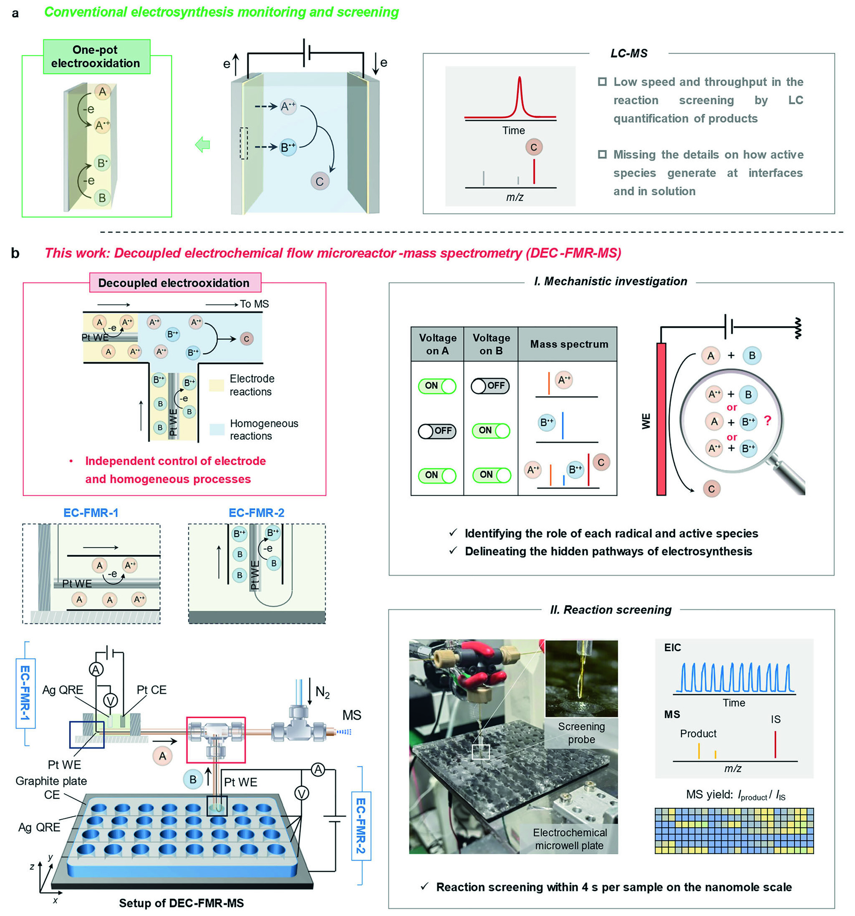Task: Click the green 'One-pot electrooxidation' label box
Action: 96,57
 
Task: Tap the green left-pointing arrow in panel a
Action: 203,145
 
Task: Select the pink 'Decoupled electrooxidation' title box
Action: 175,282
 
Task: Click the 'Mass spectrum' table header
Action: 569,344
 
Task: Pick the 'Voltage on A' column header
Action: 437,344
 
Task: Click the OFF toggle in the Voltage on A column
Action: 436,431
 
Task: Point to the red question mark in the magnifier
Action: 767,420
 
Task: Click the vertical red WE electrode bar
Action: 661,419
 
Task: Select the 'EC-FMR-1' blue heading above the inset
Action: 91,513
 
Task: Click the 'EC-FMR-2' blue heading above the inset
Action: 256,513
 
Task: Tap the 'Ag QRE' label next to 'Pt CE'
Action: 63,690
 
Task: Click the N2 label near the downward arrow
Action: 323,692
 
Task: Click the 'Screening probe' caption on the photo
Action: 581,732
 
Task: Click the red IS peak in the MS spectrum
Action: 775,744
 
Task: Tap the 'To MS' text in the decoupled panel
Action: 254,304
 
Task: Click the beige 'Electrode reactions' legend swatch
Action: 217,385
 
